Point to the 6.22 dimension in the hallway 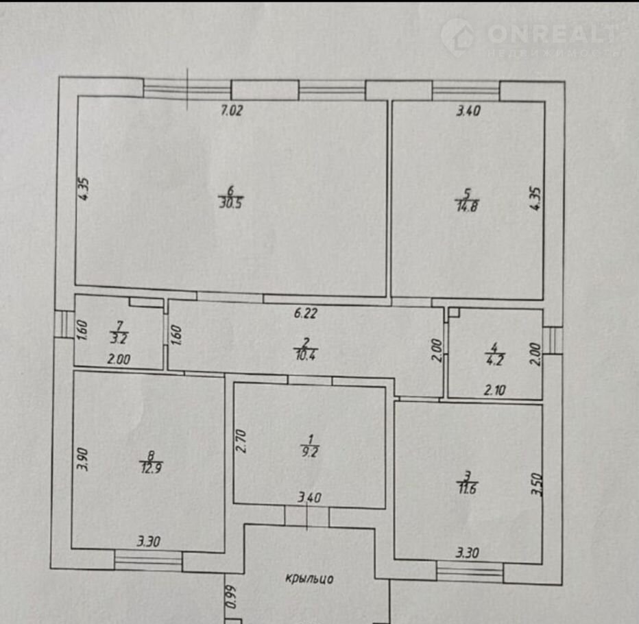click(x=306, y=313)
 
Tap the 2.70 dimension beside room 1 click(x=241, y=440)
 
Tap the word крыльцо click(x=309, y=579)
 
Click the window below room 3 click(x=470, y=571)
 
